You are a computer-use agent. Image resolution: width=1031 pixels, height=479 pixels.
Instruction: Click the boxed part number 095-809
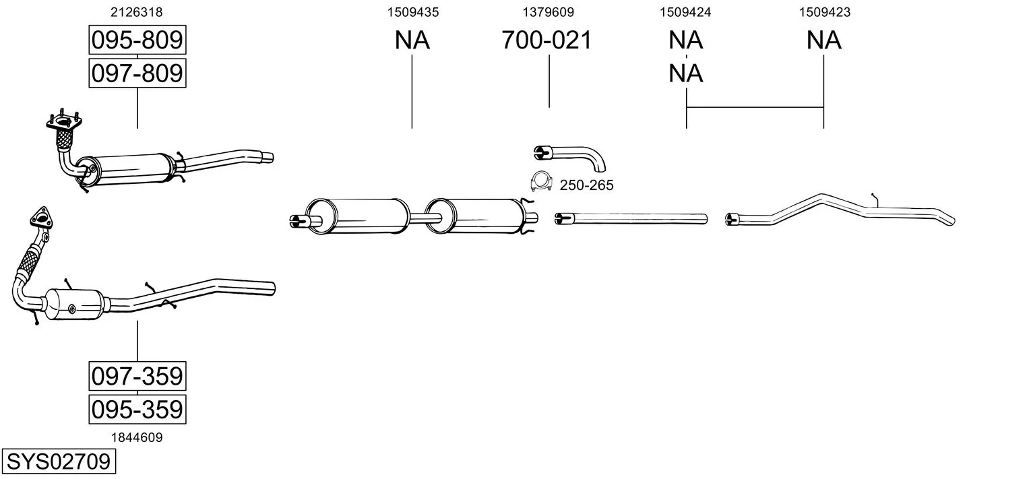click(137, 40)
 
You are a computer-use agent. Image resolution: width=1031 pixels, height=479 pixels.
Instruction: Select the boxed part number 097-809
click(137, 73)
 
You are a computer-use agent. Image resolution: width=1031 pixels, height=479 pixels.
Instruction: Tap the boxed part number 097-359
click(137, 376)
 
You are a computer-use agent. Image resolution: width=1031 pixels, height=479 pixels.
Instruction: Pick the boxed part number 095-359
click(137, 409)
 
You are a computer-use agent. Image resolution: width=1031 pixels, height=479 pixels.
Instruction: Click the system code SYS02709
click(59, 461)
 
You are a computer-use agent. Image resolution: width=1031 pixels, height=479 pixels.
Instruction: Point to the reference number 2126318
click(136, 12)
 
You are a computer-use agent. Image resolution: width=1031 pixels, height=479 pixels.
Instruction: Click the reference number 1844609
click(137, 437)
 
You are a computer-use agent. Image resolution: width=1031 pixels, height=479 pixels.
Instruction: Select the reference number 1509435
click(413, 12)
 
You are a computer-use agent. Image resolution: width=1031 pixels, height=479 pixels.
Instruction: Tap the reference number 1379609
click(548, 12)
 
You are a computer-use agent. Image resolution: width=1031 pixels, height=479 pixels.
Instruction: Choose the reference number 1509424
click(685, 12)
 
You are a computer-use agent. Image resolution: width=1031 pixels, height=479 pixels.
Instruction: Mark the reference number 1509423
click(824, 12)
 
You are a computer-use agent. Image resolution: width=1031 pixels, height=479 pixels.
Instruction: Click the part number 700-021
click(546, 40)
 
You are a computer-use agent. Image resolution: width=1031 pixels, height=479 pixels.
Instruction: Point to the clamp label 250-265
click(586, 185)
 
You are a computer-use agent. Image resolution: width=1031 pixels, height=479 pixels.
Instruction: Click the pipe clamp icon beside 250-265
click(541, 181)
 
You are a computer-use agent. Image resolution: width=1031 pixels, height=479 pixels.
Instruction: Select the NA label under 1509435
click(412, 40)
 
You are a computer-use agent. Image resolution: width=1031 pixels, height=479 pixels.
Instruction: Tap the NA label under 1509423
click(824, 40)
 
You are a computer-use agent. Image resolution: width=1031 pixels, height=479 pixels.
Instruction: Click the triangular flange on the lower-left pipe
click(41, 217)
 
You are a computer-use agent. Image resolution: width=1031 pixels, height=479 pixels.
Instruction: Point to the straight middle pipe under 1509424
click(631, 218)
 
